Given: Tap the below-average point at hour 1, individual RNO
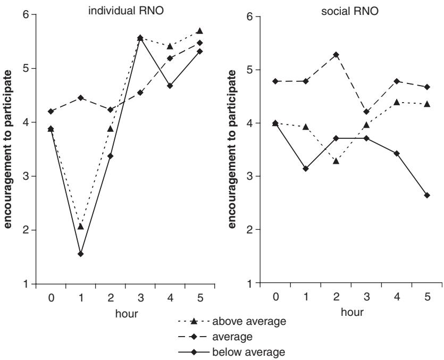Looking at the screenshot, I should (80, 254).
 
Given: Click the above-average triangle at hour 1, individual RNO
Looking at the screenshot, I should (80, 227).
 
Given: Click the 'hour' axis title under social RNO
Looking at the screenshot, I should (351, 313).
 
